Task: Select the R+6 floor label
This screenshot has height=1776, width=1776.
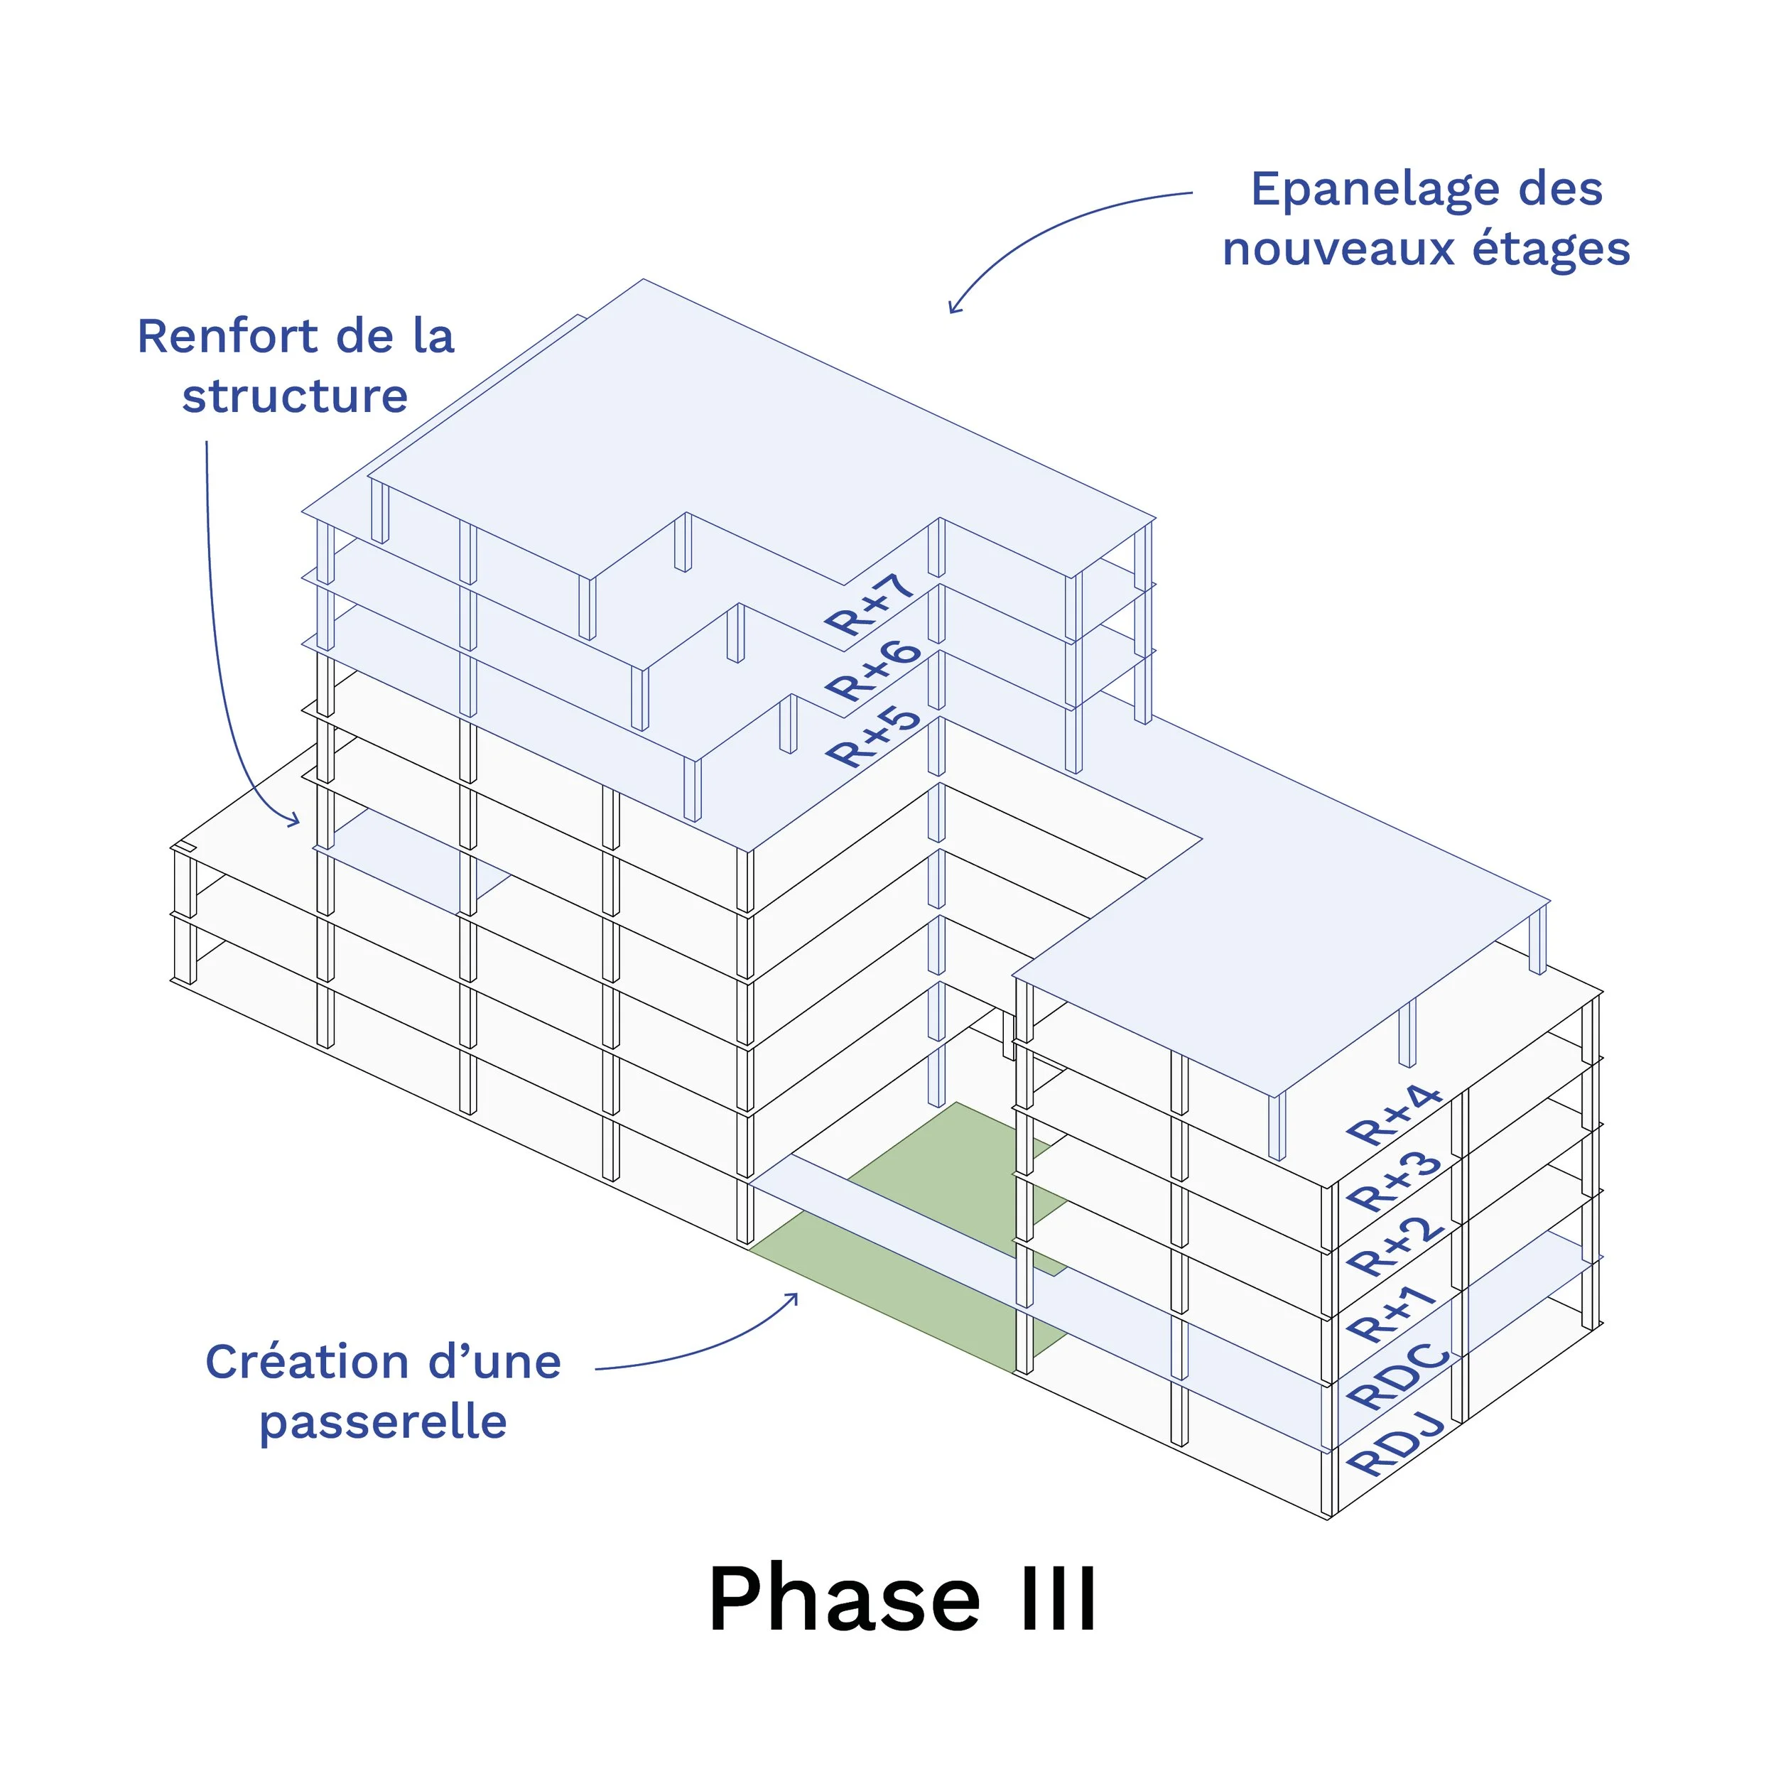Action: pyautogui.click(x=872, y=671)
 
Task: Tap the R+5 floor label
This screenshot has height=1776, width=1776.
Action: pyautogui.click(x=872, y=737)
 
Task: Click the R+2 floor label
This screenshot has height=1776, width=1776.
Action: pyautogui.click(x=1395, y=1247)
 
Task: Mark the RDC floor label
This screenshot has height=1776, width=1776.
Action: pyautogui.click(x=1397, y=1376)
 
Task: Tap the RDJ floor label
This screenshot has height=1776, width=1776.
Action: pyautogui.click(x=1395, y=1444)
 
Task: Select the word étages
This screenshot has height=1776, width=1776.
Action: pyautogui.click(x=1551, y=250)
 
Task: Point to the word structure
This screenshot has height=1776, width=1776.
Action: pyautogui.click(x=295, y=397)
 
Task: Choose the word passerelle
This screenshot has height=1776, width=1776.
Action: pyautogui.click(x=384, y=1423)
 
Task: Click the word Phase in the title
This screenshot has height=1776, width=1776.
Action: pyautogui.click(x=844, y=1601)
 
